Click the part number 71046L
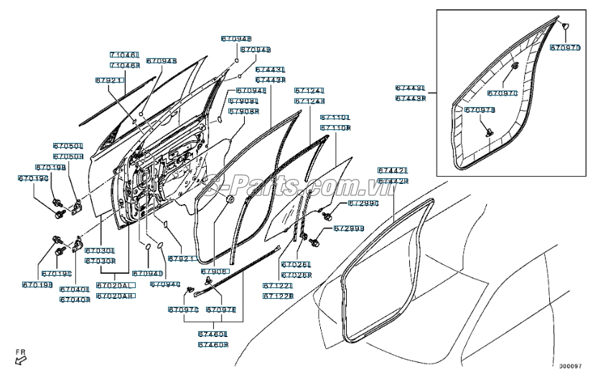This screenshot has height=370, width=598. tap(124, 55)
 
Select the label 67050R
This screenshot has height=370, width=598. tap(68, 155)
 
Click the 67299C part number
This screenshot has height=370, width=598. tap(363, 204)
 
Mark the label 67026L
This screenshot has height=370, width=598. tap(296, 264)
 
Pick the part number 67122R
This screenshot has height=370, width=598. tap(277, 295)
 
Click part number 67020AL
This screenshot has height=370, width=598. tap(116, 285)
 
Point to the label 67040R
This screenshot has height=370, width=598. tap(75, 300)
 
